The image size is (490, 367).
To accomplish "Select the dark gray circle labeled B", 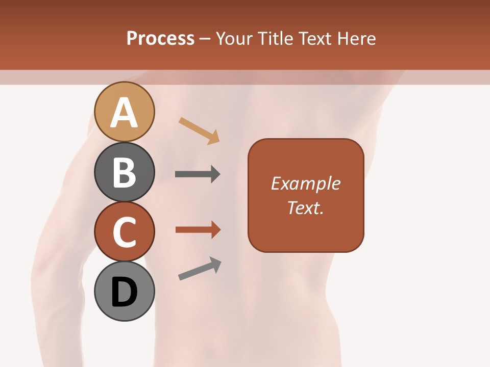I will pyautogui.click(x=125, y=172).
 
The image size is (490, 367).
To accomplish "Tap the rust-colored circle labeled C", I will pyautogui.click(x=125, y=231).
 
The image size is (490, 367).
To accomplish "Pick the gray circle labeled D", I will pyautogui.click(x=125, y=292).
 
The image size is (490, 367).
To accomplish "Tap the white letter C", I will pyautogui.click(x=125, y=232).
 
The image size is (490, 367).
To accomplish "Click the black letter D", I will pyautogui.click(x=125, y=293).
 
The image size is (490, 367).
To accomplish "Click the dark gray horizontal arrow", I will pyautogui.click(x=197, y=174).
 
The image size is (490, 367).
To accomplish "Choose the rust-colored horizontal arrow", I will pyautogui.click(x=197, y=230).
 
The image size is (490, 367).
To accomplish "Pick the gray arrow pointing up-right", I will pyautogui.click(x=199, y=269).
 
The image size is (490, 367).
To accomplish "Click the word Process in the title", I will pyautogui.click(x=160, y=38).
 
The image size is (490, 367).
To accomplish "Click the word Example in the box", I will pyautogui.click(x=305, y=183).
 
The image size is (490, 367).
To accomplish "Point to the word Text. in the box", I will pyautogui.click(x=305, y=207).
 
